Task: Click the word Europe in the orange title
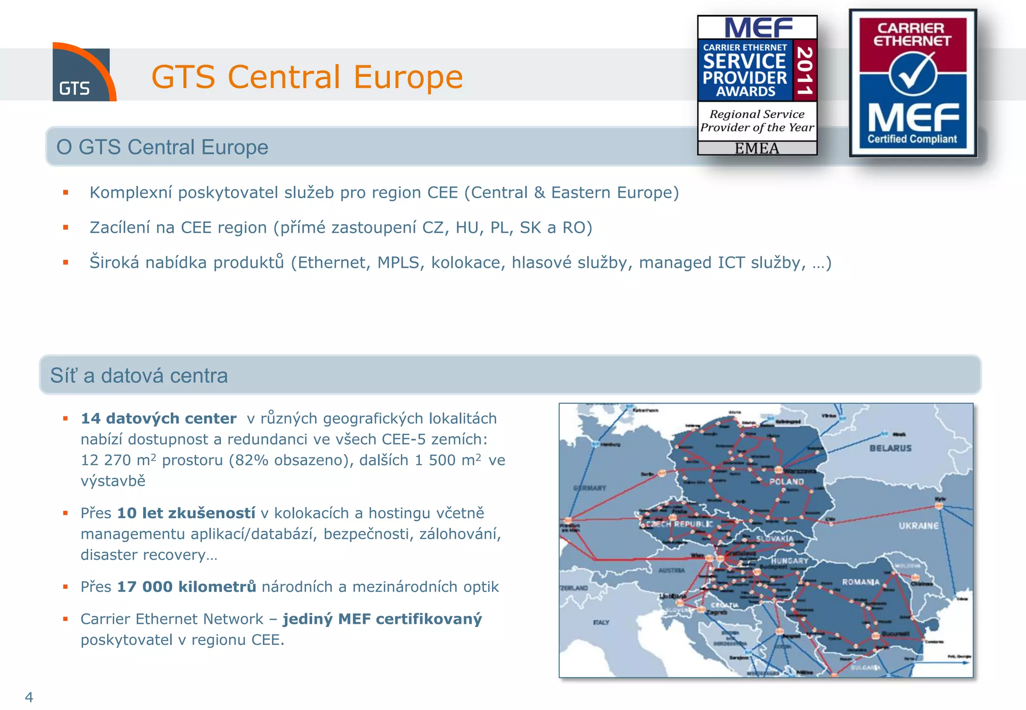tap(408, 77)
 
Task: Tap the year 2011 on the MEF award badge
tap(805, 70)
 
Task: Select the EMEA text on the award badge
tap(757, 148)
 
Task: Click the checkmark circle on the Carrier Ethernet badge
tap(913, 74)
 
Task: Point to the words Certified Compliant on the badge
tap(912, 139)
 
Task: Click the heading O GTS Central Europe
tap(162, 147)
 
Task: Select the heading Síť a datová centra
tap(139, 376)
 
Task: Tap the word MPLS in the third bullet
tap(398, 262)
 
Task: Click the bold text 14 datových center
tap(158, 418)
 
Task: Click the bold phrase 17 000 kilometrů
tap(186, 586)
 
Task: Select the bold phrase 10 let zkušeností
tap(186, 513)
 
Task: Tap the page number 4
tap(29, 697)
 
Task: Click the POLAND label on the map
tap(787, 482)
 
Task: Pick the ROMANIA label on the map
tap(860, 582)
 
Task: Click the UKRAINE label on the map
tap(918, 526)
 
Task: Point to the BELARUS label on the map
tap(890, 448)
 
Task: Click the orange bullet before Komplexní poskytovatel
tap(66, 192)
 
